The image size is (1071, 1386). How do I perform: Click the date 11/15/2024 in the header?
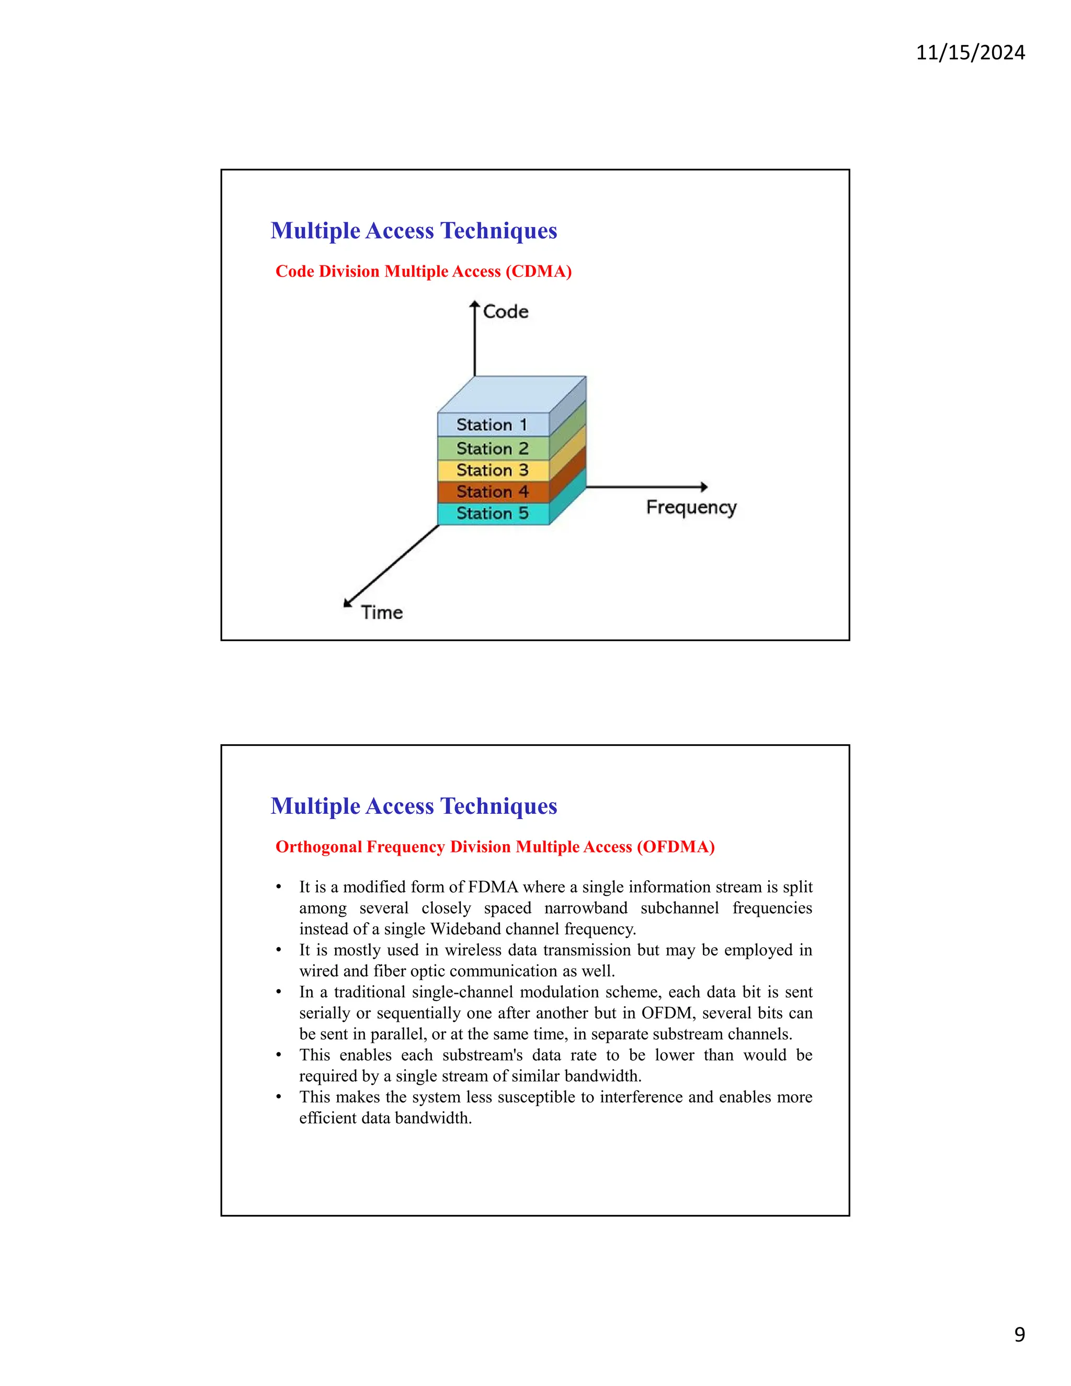pos(970,52)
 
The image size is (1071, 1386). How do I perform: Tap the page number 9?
pos(1019,1334)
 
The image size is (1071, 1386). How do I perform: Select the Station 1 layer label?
pos(492,425)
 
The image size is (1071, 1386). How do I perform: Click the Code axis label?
pos(506,312)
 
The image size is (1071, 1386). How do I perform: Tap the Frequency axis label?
pos(691,508)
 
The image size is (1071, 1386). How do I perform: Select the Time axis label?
pos(382,612)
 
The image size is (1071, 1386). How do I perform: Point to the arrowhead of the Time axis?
pos(347,603)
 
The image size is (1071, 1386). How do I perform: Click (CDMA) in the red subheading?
pos(539,271)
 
